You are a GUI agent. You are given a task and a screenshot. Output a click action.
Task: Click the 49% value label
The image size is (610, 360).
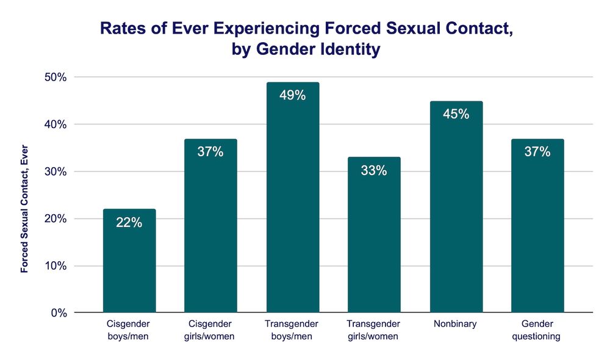[x=292, y=96]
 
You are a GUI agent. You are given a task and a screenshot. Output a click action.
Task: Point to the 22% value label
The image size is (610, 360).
[x=129, y=223]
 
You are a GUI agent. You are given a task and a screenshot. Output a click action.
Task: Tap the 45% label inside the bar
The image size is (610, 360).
[x=456, y=114]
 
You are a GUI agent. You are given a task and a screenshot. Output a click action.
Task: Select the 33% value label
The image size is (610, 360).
[x=374, y=171]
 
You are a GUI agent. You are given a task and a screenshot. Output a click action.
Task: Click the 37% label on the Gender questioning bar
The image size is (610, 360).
[x=537, y=152]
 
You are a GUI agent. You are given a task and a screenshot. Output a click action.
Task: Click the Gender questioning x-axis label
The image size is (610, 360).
[x=537, y=330]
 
